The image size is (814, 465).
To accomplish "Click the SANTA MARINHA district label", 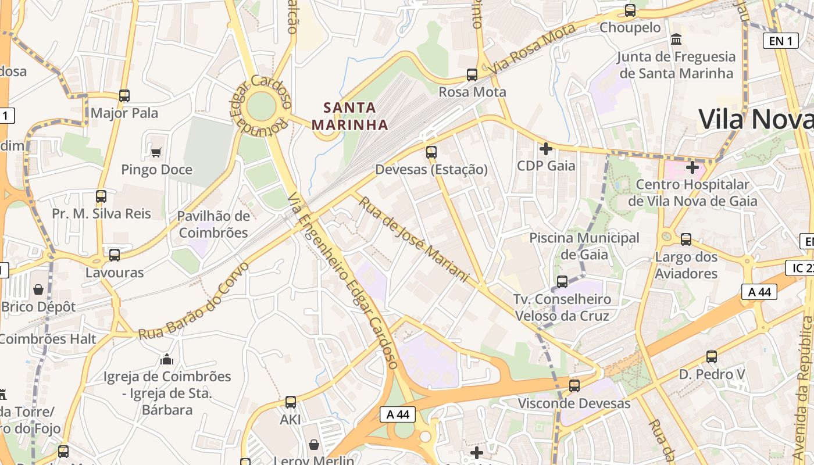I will [350, 116].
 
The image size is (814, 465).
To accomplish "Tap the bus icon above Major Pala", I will [124, 96].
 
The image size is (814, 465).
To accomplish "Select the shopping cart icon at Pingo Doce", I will [156, 152].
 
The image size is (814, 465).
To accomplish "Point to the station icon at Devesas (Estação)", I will [431, 152].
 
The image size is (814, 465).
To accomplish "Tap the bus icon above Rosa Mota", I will [472, 75].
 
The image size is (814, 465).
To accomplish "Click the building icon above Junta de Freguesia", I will [676, 40].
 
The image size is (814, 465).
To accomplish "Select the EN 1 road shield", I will [780, 41].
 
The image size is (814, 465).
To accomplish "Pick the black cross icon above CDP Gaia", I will [545, 149].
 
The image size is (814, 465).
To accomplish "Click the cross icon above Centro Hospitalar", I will [692, 167].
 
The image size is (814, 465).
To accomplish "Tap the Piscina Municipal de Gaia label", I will [584, 246].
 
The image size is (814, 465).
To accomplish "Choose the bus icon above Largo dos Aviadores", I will [686, 239].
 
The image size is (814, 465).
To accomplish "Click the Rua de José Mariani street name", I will [413, 239].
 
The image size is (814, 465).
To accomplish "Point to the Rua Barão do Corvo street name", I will [194, 301].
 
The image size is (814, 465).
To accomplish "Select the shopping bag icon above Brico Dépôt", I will [38, 289].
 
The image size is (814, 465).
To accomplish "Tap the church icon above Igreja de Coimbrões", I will [167, 359].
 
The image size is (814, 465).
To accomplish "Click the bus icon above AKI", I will [291, 402].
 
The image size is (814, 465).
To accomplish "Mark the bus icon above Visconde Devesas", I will [574, 385].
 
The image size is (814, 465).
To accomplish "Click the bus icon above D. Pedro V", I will [712, 357].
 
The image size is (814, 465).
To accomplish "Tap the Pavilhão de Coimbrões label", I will [213, 224].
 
